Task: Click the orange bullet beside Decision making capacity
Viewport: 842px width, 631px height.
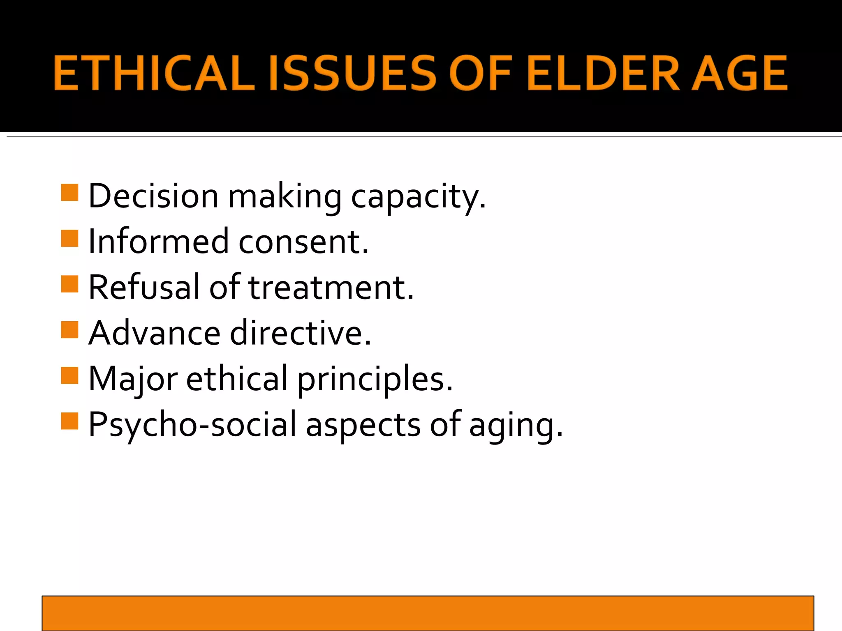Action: pos(69,192)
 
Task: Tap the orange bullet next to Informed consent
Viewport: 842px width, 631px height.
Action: pos(69,238)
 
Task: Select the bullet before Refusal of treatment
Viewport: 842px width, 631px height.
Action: pos(69,284)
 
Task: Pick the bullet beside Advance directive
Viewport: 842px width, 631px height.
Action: pos(69,329)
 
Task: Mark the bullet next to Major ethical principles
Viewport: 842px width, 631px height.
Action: pos(69,375)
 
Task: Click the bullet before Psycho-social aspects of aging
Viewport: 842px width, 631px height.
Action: pos(69,421)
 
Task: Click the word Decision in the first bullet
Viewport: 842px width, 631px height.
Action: pos(153,196)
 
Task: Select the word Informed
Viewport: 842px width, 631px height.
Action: pos(158,242)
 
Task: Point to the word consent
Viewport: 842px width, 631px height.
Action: pos(303,242)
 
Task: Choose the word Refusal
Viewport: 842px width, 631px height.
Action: pos(144,287)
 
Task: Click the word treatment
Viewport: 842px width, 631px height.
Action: pos(331,288)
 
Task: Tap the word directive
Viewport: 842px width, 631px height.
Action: pos(301,333)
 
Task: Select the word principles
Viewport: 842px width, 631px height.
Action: pos(375,379)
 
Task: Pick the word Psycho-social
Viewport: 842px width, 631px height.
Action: pos(192,425)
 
